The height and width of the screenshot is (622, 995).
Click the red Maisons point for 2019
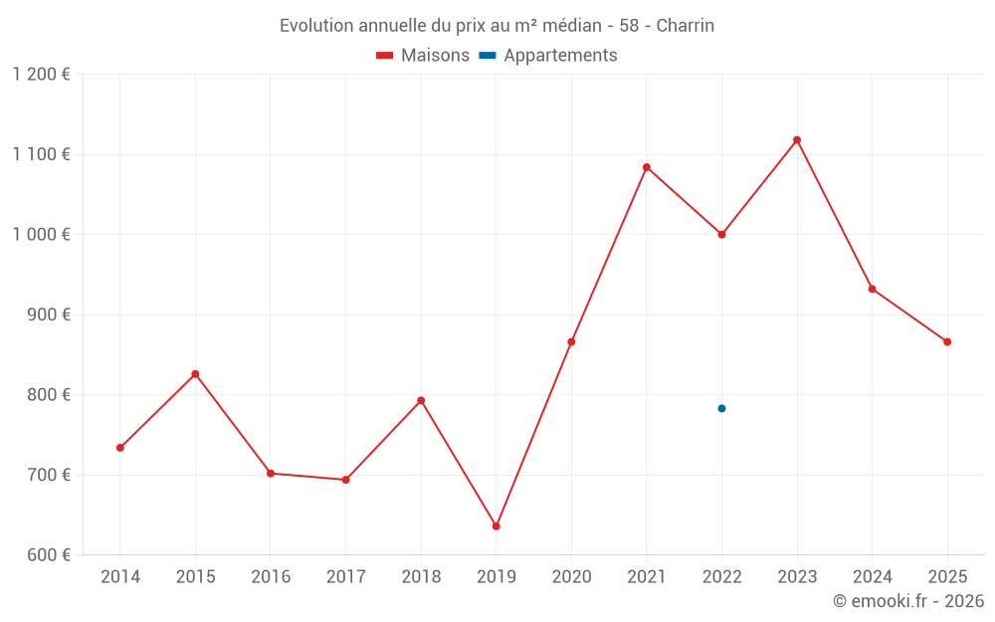[x=497, y=526]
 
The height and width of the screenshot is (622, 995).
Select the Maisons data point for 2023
[x=797, y=140]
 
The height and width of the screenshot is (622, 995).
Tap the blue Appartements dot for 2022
[x=721, y=408]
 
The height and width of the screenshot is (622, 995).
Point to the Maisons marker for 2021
[x=647, y=167]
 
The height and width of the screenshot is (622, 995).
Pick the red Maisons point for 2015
[x=195, y=374]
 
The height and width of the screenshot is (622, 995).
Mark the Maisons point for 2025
[x=947, y=341]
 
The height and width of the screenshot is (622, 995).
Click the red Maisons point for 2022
[x=721, y=235]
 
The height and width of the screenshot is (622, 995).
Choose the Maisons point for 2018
[x=421, y=400]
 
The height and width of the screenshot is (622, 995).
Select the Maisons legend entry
[x=423, y=56]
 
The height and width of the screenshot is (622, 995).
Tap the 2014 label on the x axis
[x=120, y=576]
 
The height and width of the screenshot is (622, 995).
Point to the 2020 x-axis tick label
[x=571, y=576]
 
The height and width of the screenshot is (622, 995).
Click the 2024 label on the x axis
[x=873, y=576]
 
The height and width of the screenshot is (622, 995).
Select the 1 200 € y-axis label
[x=42, y=75]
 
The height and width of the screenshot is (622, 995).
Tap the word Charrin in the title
[x=686, y=26]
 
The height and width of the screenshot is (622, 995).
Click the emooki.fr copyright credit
[x=908, y=601]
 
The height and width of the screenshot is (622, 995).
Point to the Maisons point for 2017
[x=345, y=480]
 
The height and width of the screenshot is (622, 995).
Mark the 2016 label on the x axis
[x=271, y=576]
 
